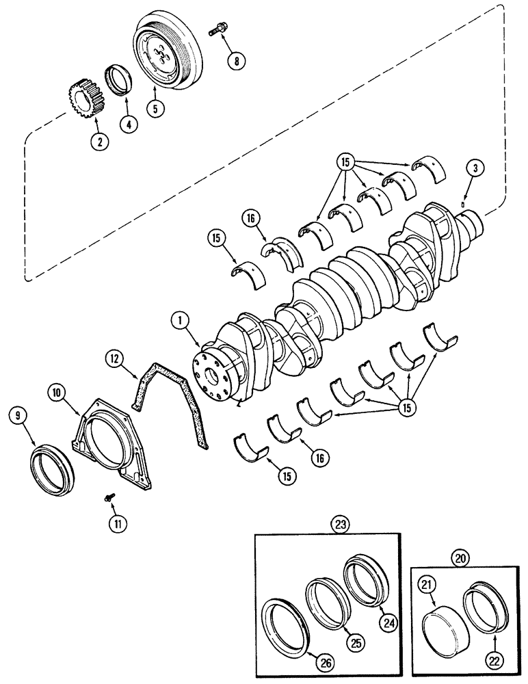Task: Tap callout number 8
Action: pyautogui.click(x=237, y=60)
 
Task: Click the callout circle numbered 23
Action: pyautogui.click(x=340, y=525)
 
